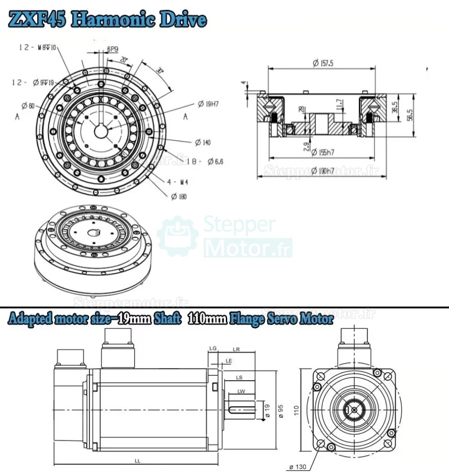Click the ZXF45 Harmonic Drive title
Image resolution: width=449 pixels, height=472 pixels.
click(108, 20)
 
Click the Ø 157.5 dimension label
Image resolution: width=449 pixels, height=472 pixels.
click(323, 64)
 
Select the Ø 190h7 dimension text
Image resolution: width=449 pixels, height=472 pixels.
click(323, 171)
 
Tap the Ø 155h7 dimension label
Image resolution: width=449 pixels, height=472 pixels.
click(322, 152)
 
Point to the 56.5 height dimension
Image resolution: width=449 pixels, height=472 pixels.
click(409, 115)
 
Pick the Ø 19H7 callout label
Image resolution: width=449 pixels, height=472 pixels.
click(208, 104)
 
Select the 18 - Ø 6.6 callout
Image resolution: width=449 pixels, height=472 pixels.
click(205, 161)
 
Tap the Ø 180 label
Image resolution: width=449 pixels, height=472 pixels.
click(179, 196)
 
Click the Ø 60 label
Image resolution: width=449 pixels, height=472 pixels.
click(28, 106)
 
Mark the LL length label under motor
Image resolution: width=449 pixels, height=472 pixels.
click(137, 460)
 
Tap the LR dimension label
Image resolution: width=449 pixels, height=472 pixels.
click(236, 349)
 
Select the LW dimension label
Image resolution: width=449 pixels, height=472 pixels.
click(241, 391)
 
